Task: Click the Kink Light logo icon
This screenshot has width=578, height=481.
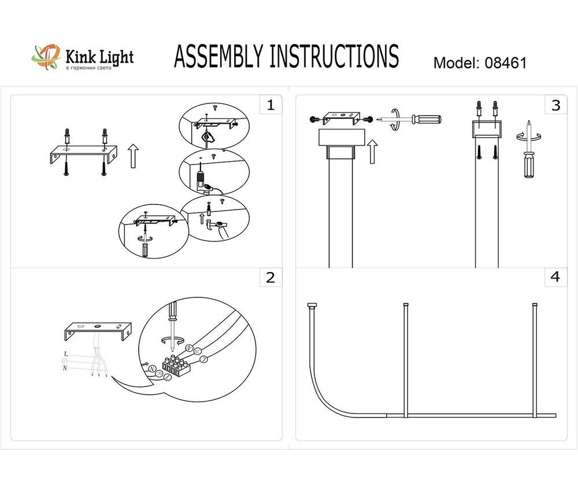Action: pyautogui.click(x=45, y=57)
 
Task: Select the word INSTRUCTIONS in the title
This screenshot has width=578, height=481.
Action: pyautogui.click(x=334, y=57)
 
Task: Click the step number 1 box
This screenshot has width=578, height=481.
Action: pyautogui.click(x=271, y=105)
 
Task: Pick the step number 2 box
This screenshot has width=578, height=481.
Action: pyautogui.click(x=271, y=278)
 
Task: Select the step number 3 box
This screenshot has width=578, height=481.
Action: pyautogui.click(x=556, y=105)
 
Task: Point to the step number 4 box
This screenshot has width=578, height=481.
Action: pyautogui.click(x=556, y=277)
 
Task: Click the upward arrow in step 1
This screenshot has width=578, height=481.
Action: pyautogui.click(x=134, y=156)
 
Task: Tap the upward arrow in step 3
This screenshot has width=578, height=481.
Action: pyautogui.click(x=373, y=151)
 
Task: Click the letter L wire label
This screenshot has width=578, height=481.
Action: pyautogui.click(x=66, y=353)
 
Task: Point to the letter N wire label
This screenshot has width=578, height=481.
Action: pyautogui.click(x=65, y=367)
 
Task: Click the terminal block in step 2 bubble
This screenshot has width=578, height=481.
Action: pyautogui.click(x=176, y=363)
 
